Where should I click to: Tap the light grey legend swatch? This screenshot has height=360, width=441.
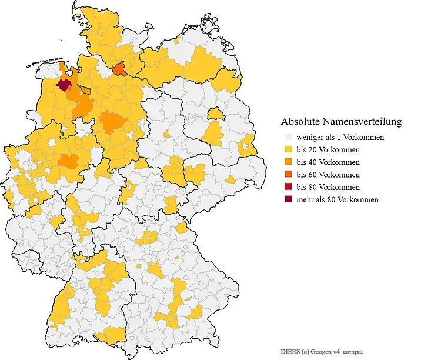click(x=288, y=137)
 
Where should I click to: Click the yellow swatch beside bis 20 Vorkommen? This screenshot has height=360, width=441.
click(x=288, y=149)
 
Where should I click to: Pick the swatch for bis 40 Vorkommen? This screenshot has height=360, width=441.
click(x=288, y=162)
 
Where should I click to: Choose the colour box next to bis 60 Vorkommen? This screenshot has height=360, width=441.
click(x=288, y=175)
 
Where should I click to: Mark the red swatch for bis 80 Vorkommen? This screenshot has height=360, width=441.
click(x=288, y=187)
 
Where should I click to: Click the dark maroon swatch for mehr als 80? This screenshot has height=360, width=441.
click(x=288, y=199)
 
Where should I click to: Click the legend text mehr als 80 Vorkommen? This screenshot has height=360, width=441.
click(x=338, y=199)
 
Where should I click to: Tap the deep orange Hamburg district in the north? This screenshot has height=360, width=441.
click(x=119, y=71)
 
